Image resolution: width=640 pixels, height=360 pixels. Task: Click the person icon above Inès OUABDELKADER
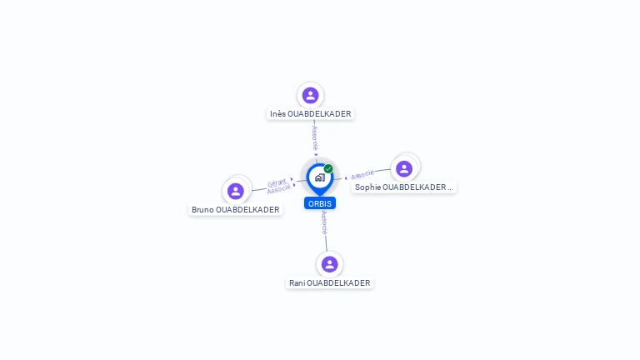click(x=310, y=96)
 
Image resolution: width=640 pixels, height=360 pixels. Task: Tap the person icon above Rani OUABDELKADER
click(x=329, y=264)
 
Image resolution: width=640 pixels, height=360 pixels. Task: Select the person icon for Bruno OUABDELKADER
click(x=236, y=191)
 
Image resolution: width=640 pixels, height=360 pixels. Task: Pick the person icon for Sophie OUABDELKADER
click(x=403, y=168)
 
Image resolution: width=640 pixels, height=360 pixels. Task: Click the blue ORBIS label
click(x=320, y=203)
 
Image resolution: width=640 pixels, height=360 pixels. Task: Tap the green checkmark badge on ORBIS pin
click(x=328, y=168)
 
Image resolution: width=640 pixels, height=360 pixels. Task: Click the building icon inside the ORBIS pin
click(x=320, y=177)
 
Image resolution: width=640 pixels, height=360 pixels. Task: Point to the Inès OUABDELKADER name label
click(x=310, y=114)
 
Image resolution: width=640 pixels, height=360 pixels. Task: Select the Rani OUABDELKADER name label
click(x=329, y=282)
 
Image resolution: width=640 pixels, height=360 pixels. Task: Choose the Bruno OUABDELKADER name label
click(x=236, y=210)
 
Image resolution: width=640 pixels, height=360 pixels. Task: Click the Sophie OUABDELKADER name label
click(x=403, y=187)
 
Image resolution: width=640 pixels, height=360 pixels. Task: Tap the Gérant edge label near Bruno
click(x=277, y=182)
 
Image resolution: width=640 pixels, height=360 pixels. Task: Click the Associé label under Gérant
click(x=279, y=189)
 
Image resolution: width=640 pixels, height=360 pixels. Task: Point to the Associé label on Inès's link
click(x=315, y=138)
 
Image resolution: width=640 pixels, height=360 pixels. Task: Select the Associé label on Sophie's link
click(x=362, y=175)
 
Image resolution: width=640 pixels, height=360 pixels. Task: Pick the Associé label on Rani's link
click(x=324, y=222)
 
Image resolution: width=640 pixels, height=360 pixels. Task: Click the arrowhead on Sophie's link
click(x=346, y=178)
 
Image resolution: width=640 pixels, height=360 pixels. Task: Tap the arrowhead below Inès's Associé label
click(x=316, y=155)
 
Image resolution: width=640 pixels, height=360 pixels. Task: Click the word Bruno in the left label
click(x=202, y=210)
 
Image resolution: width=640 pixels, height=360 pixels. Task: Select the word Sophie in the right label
click(x=367, y=187)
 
